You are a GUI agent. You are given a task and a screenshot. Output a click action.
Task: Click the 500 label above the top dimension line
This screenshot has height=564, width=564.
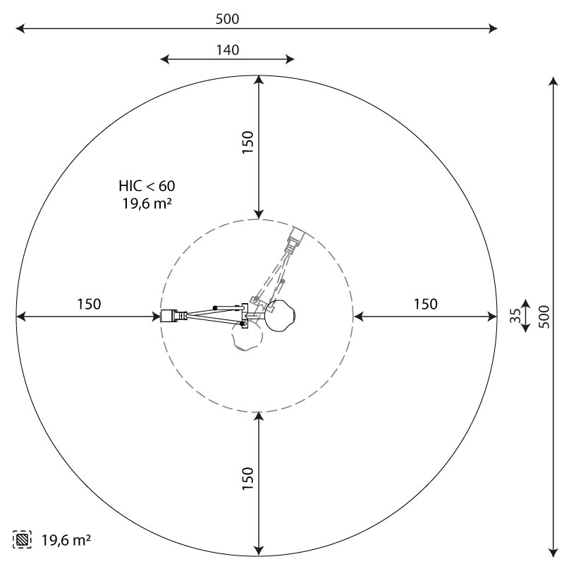(227, 19)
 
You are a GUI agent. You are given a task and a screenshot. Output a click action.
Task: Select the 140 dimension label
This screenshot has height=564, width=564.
(227, 50)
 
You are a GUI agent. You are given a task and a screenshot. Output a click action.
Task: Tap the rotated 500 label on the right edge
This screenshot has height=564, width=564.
(545, 317)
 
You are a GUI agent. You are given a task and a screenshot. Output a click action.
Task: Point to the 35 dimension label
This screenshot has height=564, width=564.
(515, 315)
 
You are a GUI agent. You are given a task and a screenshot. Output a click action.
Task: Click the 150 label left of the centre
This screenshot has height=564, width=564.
(90, 305)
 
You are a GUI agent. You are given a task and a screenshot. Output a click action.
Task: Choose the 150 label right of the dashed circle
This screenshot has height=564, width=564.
(426, 305)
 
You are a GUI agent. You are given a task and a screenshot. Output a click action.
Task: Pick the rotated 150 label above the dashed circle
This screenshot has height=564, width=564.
(248, 142)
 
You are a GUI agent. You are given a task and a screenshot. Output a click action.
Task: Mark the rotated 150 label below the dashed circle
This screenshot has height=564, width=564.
(248, 479)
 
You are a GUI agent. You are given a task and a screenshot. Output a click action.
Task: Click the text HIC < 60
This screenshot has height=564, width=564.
(147, 186)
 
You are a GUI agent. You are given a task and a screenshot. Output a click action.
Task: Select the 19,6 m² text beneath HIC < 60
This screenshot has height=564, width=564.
(147, 204)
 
